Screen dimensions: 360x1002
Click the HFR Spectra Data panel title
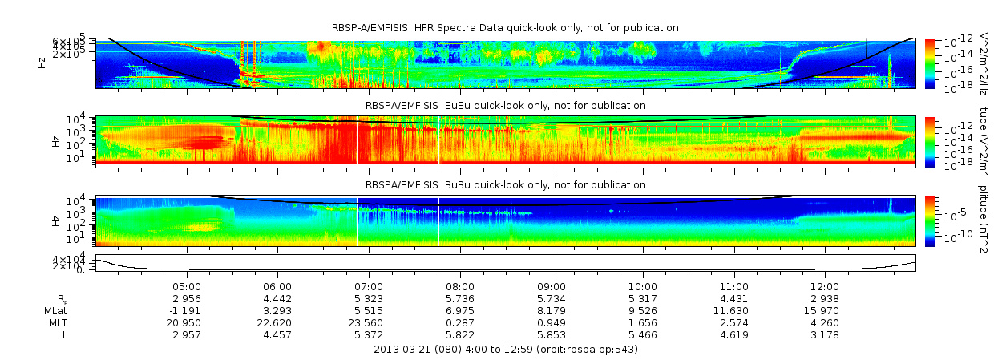pyautogui.click(x=505, y=28)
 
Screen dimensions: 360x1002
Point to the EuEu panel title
pyautogui.click(x=505, y=105)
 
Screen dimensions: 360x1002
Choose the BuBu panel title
pyautogui.click(x=505, y=185)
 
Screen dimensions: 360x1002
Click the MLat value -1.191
pyautogui.click(x=186, y=310)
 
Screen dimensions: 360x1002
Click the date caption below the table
pyautogui.click(x=506, y=350)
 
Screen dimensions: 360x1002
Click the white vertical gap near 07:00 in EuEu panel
pyautogui.click(x=358, y=140)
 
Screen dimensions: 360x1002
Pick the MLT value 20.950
pyautogui.click(x=186, y=322)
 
